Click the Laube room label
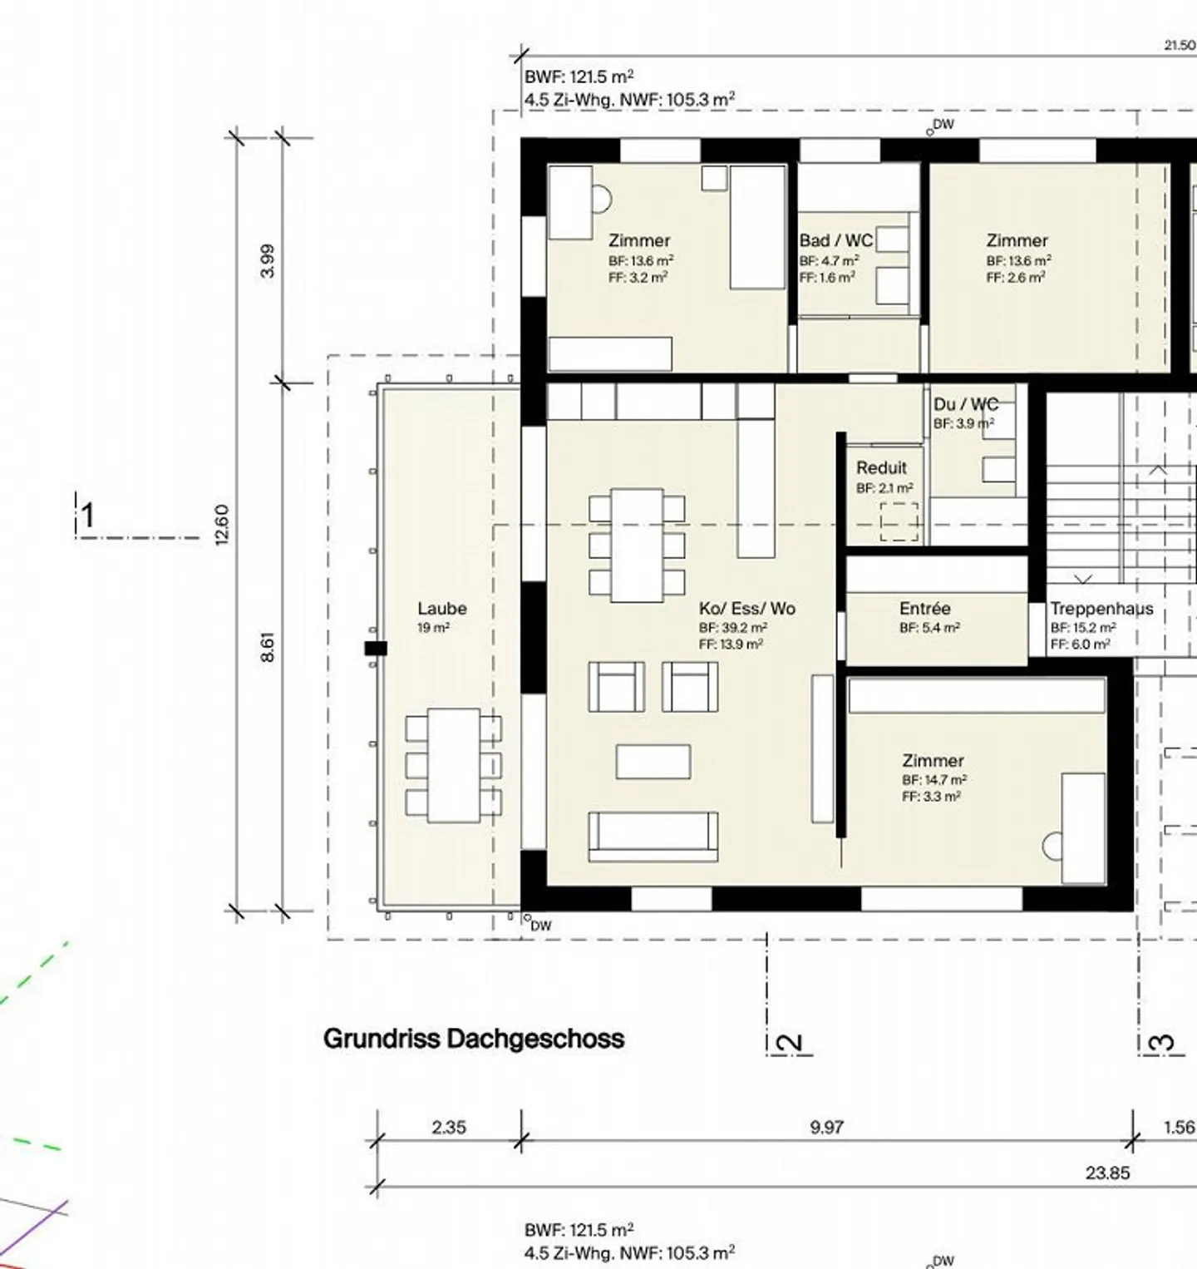pos(441,609)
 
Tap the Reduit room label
pos(881,468)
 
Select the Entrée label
pos(924,609)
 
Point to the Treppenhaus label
pos(1101,609)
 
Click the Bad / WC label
pos(835,241)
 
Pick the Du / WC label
pos(965,405)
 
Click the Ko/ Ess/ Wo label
pos(746,609)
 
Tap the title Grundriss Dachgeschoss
pos(473,1039)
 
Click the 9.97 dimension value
pos(826,1128)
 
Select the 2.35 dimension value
pos(449,1128)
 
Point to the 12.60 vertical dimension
pos(222,525)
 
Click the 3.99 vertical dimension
pos(267,260)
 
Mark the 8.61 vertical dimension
pos(267,647)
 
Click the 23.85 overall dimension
pos(1107,1173)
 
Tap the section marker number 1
pos(87,516)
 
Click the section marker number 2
pos(790,1043)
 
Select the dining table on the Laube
pos(454,765)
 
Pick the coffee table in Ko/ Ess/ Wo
pos(653,762)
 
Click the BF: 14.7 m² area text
pos(933,780)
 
